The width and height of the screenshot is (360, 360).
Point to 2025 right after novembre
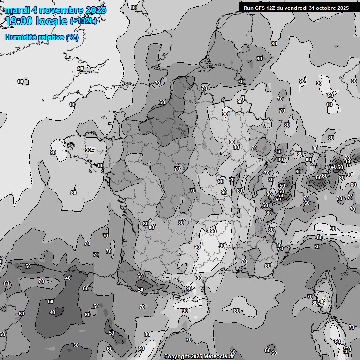click(x=95, y=10)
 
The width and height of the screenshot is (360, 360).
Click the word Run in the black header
click(x=248, y=8)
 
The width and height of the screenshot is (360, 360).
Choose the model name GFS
click(x=260, y=8)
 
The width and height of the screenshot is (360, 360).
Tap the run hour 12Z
click(x=272, y=8)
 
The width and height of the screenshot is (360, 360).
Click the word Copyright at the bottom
click(x=177, y=357)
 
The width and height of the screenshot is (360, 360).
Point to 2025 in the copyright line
click(x=197, y=357)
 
